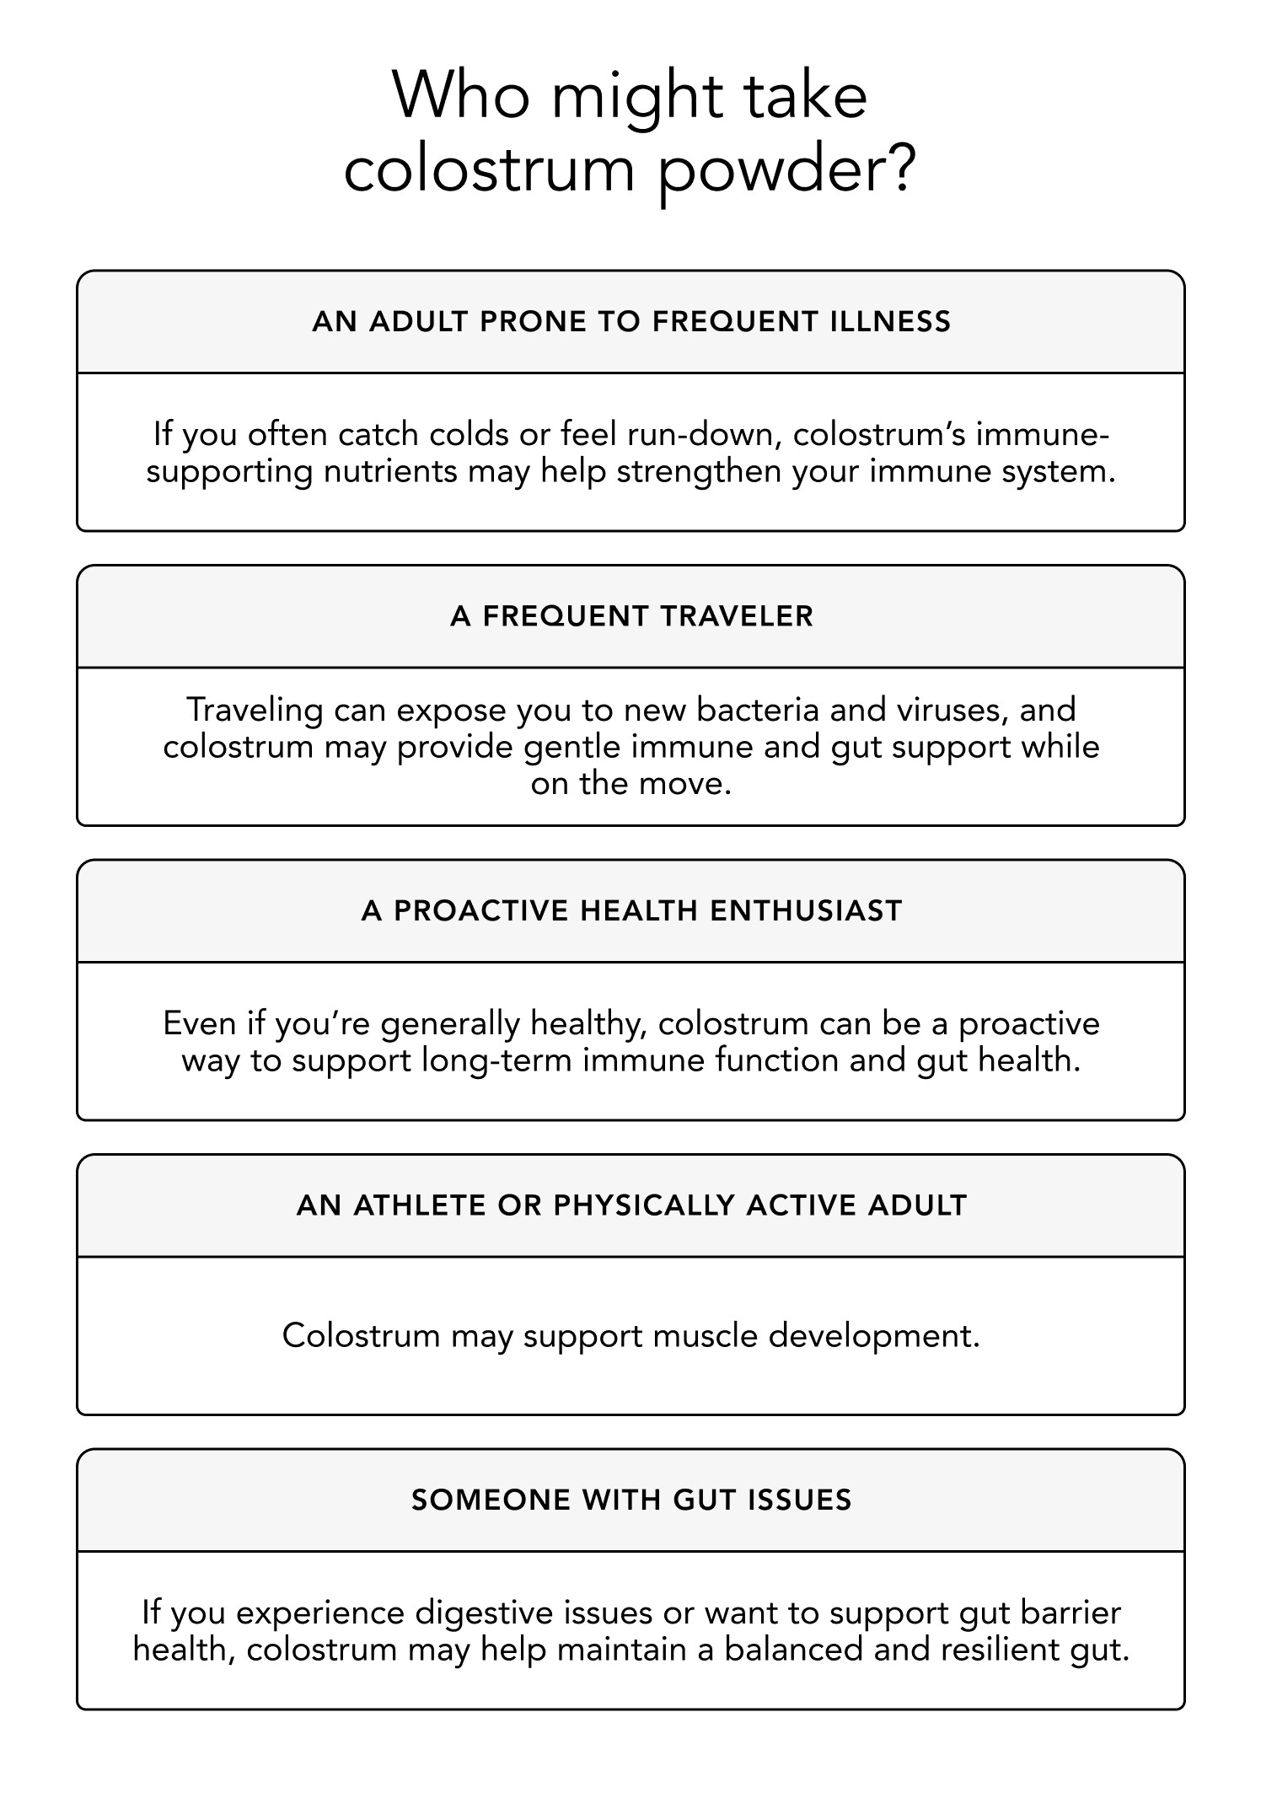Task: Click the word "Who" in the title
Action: tap(462, 96)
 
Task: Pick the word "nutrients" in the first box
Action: tap(390, 470)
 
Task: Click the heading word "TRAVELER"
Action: tap(737, 616)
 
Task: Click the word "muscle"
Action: tap(706, 1336)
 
